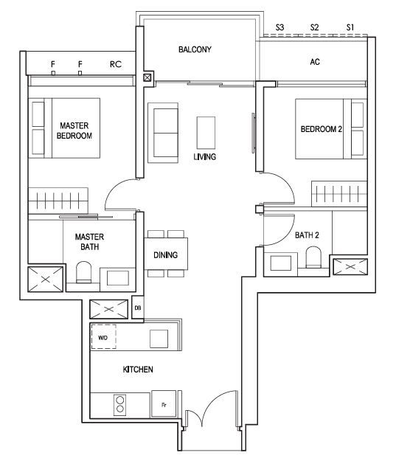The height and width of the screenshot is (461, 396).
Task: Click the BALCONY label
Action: (x=195, y=49)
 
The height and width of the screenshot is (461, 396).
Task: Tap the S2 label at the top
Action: (x=314, y=27)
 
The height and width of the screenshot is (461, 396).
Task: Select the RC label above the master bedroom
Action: (x=116, y=64)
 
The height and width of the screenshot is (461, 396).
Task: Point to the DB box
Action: (x=138, y=308)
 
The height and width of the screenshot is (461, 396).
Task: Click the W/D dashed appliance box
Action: (x=103, y=336)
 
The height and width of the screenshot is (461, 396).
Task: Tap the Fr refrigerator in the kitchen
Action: (x=164, y=403)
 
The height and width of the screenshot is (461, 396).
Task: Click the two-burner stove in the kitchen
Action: (x=120, y=405)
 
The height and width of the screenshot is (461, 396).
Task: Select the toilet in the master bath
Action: (x=83, y=272)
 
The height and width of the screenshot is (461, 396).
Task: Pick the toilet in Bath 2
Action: (x=313, y=257)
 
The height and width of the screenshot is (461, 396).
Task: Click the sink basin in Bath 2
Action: (x=281, y=263)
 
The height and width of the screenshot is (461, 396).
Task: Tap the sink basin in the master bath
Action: (x=117, y=278)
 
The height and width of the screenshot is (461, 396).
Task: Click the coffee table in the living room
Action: (x=206, y=133)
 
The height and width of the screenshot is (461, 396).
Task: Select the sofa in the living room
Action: (x=163, y=133)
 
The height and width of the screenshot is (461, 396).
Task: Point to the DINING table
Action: (x=166, y=254)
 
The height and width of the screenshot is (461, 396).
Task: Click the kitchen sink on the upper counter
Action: (x=159, y=339)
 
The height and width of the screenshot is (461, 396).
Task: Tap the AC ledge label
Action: (x=315, y=62)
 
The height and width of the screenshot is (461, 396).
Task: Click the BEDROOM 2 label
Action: (x=321, y=129)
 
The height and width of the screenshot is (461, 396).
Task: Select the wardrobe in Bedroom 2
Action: (x=339, y=194)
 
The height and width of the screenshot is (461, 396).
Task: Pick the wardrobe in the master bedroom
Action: (x=58, y=201)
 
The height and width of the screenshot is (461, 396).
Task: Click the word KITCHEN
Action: (x=138, y=370)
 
